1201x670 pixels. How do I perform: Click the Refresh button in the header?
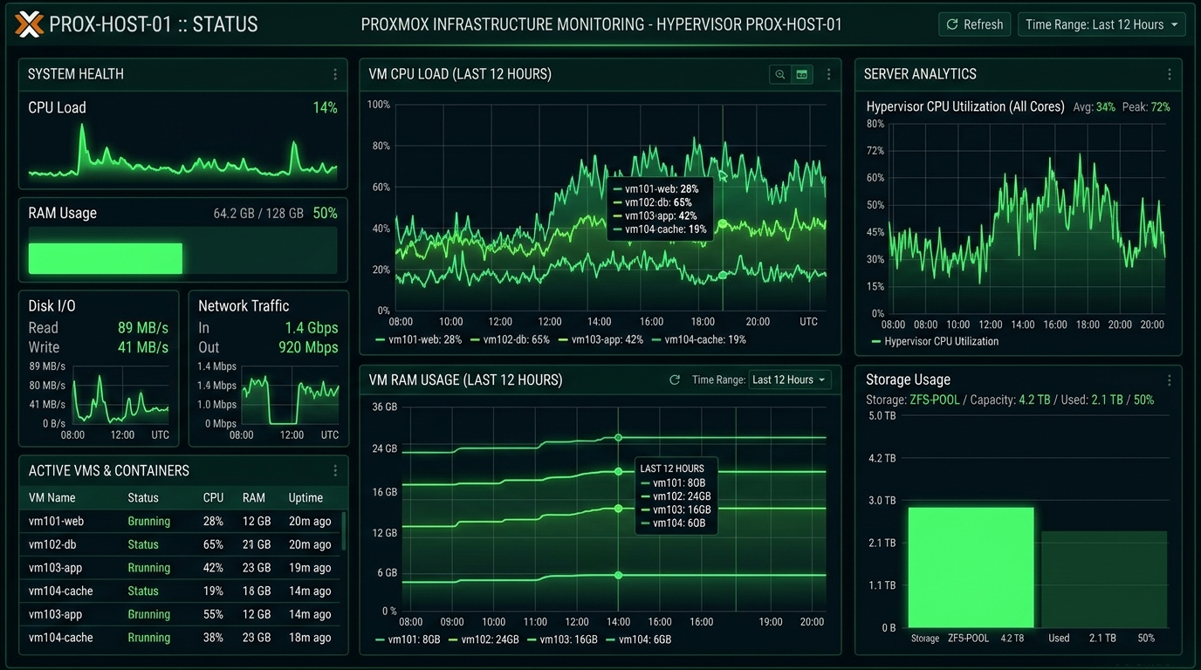974,24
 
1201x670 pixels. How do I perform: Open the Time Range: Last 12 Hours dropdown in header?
1101,24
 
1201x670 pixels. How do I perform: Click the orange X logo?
29,24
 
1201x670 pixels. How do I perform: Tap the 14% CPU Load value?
325,107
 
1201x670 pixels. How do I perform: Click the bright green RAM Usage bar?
106,258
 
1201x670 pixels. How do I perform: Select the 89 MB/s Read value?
142,327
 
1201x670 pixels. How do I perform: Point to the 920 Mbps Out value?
308,347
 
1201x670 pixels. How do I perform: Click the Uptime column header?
305,498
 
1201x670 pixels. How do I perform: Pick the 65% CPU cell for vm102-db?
213,544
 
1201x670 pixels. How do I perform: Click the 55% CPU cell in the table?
213,614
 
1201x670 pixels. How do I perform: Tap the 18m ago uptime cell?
310,638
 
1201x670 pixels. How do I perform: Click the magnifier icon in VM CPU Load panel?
780,74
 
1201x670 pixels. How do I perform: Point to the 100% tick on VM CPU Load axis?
379,105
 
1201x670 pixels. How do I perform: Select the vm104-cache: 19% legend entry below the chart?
699,340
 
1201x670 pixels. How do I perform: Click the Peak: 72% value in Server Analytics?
1146,107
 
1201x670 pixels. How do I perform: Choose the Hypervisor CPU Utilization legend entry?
935,341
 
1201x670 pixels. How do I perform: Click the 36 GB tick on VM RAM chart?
384,407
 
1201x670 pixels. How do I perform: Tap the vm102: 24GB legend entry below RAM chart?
484,639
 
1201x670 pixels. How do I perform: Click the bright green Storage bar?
971,568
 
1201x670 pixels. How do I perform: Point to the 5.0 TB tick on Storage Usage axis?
882,416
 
